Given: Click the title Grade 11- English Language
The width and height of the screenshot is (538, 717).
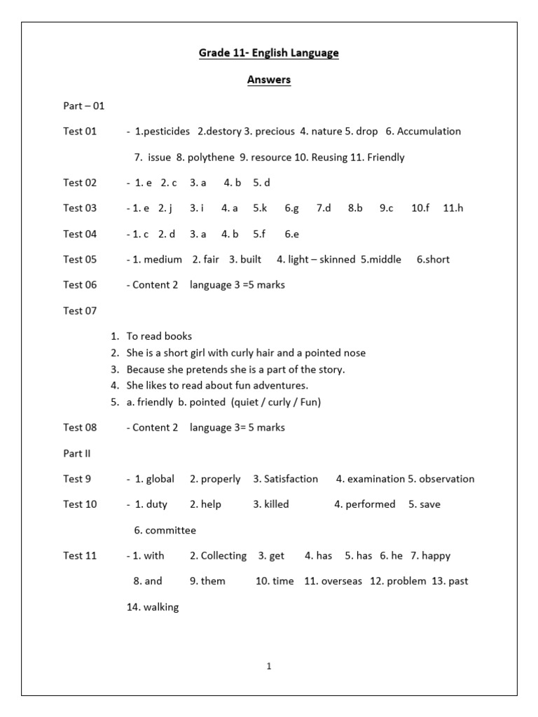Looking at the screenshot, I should [x=269, y=53].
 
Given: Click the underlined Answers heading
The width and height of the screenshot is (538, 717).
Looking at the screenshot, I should [x=269, y=80].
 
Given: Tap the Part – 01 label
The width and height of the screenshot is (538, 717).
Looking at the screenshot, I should [x=83, y=106].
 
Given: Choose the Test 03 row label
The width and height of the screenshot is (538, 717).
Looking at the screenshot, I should [x=80, y=208].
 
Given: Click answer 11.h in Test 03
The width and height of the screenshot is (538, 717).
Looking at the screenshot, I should [x=453, y=208].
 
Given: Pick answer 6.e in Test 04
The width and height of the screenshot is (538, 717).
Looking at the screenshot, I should [x=291, y=234].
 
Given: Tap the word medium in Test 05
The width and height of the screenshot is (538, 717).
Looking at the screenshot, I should [x=163, y=260].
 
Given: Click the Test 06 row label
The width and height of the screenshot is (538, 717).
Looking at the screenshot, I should [x=80, y=285].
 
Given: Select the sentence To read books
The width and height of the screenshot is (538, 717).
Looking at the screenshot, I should [x=159, y=336].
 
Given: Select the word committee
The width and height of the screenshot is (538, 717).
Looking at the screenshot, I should [x=170, y=530].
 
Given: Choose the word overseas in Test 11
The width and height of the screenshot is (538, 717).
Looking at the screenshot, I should [x=341, y=581].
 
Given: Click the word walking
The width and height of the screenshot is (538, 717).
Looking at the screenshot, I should [x=160, y=607].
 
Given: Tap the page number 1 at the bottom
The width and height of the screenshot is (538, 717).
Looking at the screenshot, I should [x=269, y=667].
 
